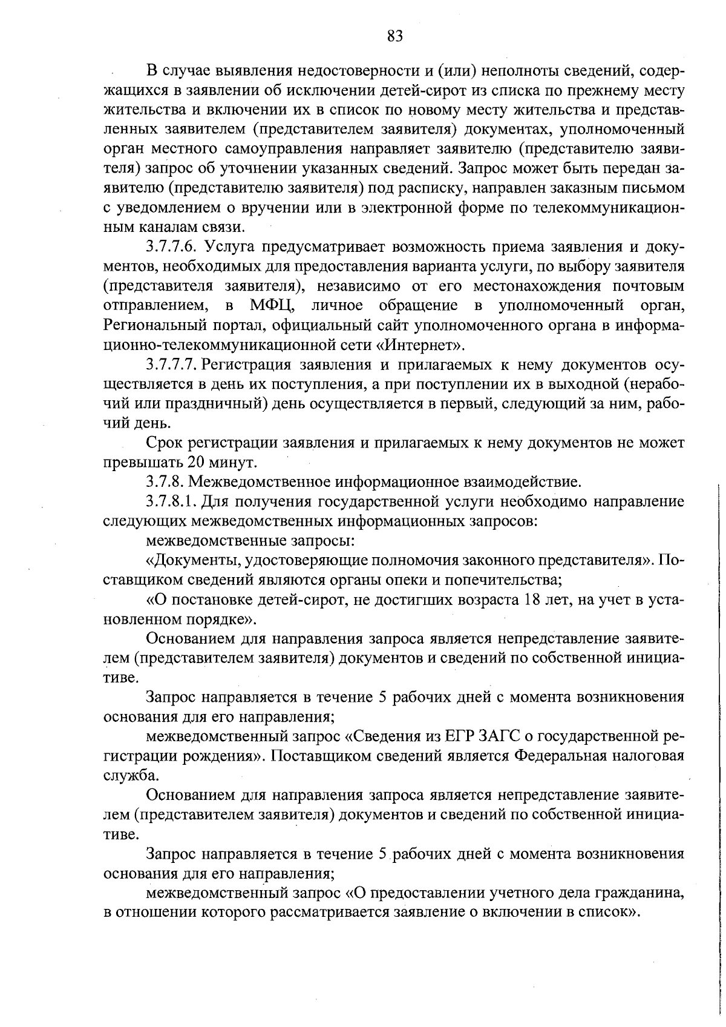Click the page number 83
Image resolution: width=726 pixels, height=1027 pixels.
394,36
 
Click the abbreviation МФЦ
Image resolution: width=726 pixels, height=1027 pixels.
272,305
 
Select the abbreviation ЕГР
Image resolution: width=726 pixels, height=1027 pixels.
460,737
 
